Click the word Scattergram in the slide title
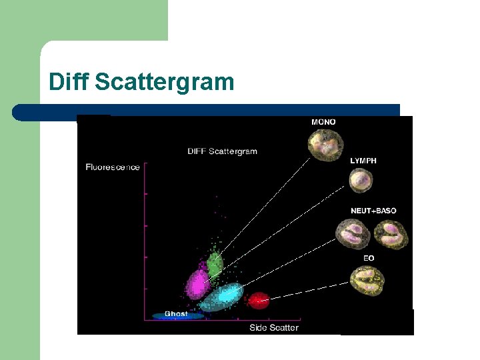165,83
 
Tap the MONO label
323,122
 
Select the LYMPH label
363,161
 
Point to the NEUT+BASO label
373,211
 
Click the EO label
369,258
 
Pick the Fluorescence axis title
113,167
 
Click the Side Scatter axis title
274,327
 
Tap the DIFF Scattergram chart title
222,151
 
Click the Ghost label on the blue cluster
176,314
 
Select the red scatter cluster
258,300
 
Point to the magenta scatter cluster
198,283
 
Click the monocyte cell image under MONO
325,144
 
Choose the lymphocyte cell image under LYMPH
361,180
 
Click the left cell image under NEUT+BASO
351,234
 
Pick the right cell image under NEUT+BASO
391,235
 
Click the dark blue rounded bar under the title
200,111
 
